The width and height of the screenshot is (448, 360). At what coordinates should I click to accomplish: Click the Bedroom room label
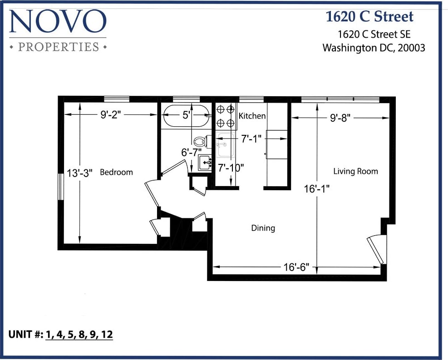tap(116, 172)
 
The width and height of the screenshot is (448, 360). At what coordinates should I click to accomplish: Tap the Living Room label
tap(355, 171)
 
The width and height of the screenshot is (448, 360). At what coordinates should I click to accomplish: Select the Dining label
tap(263, 228)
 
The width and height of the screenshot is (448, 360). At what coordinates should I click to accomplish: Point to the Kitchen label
tap(252, 116)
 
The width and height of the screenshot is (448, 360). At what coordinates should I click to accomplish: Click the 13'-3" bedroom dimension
tap(80, 173)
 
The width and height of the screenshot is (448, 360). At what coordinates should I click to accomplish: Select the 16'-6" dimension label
tap(296, 267)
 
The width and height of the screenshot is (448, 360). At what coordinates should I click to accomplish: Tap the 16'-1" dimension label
tap(316, 189)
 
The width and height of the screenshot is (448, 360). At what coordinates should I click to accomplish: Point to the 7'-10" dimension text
tap(231, 167)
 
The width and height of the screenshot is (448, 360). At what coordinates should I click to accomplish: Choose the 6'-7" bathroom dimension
tap(191, 153)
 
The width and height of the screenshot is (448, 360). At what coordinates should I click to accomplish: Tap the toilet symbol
tap(200, 141)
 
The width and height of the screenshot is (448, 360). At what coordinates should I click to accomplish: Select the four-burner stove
tap(223, 116)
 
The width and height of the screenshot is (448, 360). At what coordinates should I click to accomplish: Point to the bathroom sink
tap(205, 162)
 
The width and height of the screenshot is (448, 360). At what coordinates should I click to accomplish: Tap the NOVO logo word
tap(58, 22)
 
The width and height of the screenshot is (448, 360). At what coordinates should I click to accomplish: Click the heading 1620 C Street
tap(369, 17)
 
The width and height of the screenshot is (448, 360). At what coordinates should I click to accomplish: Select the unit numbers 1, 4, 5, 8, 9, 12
tap(79, 335)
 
